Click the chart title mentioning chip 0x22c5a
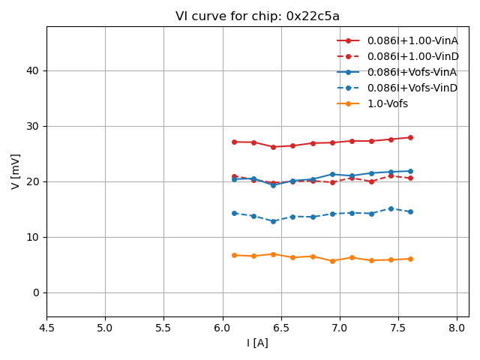(x=257, y=16)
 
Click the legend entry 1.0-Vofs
(x=387, y=103)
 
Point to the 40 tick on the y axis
(x=34, y=70)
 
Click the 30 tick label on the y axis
(x=34, y=126)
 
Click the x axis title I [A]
(x=257, y=343)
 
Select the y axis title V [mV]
(x=15, y=171)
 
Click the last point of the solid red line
(x=410, y=137)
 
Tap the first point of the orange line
(x=234, y=255)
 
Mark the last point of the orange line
(x=410, y=259)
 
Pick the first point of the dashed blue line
(x=234, y=213)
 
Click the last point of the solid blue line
(x=410, y=171)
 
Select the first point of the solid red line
(x=234, y=142)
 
